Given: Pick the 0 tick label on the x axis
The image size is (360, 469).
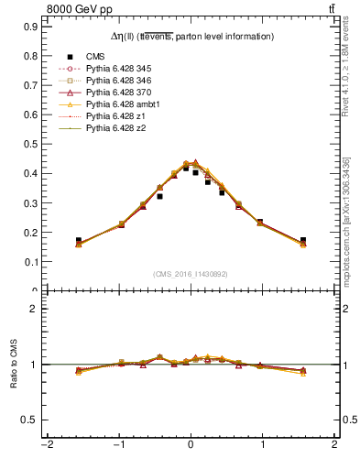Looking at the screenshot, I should [191, 446].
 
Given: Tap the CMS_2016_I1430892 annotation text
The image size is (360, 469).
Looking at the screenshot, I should [191, 274].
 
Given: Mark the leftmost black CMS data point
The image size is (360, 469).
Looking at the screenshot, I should [79, 240].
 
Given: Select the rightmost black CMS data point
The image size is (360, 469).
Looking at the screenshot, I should [303, 240].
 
